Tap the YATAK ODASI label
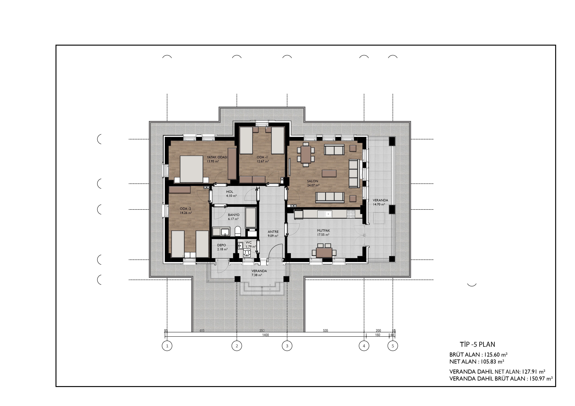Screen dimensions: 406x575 [x=217, y=157]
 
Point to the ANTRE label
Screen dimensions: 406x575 [x=273, y=232]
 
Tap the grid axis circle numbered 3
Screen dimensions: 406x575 [x=287, y=346]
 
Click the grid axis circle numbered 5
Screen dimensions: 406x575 [x=393, y=346]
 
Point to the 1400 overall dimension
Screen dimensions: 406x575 [x=265, y=335]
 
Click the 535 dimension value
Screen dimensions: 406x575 [x=325, y=331]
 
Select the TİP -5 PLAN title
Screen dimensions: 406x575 [x=477, y=345]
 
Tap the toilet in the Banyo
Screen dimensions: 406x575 [x=238, y=231]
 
